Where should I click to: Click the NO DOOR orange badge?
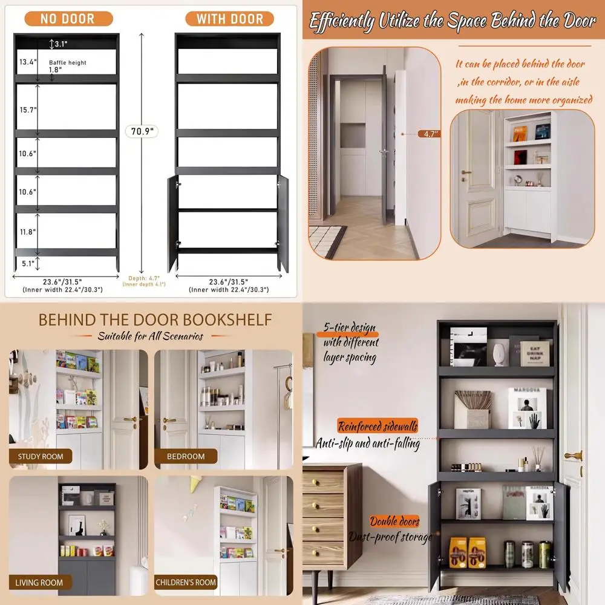(x=67, y=19)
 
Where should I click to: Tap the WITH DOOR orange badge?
(x=230, y=19)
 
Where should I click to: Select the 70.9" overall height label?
(x=142, y=131)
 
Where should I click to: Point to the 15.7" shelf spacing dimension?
(x=28, y=110)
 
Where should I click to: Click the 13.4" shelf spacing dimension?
(x=28, y=62)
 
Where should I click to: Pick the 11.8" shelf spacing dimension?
(x=28, y=232)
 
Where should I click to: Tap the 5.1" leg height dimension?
(x=28, y=263)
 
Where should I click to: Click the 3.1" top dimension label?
(x=60, y=44)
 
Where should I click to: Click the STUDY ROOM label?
(x=41, y=456)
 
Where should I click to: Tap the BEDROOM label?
(x=186, y=456)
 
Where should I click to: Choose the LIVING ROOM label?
(x=40, y=583)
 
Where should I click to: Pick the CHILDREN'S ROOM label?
(x=186, y=583)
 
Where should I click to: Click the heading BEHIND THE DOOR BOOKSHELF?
(x=155, y=319)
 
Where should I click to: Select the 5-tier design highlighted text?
(x=349, y=329)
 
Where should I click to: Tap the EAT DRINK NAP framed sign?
(x=535, y=351)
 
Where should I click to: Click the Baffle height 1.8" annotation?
(x=68, y=66)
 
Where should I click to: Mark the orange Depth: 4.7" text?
(x=143, y=280)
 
